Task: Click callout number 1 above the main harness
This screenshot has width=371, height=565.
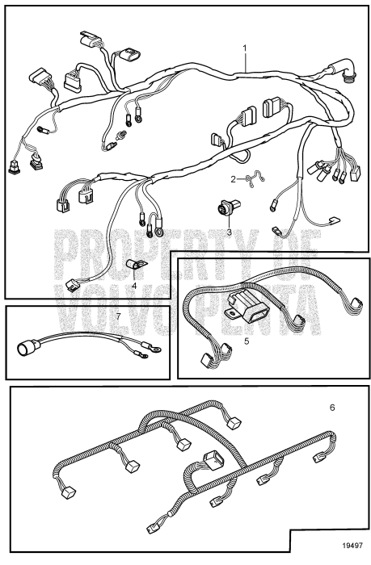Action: (x=245, y=48)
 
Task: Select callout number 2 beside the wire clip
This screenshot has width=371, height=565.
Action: (x=233, y=179)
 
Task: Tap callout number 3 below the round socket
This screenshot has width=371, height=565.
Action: (x=229, y=232)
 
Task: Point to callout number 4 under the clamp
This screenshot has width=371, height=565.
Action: (x=134, y=286)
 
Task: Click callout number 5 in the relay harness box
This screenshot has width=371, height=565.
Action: (x=247, y=341)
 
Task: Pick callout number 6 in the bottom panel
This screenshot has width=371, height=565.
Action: (x=332, y=408)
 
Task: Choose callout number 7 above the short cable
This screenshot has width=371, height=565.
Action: (x=118, y=316)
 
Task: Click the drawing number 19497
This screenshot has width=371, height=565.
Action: (x=352, y=546)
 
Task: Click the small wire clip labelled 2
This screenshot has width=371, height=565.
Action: (x=255, y=178)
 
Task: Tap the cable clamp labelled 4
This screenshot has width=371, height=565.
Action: (x=136, y=266)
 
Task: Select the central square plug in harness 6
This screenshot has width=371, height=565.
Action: (x=213, y=459)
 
